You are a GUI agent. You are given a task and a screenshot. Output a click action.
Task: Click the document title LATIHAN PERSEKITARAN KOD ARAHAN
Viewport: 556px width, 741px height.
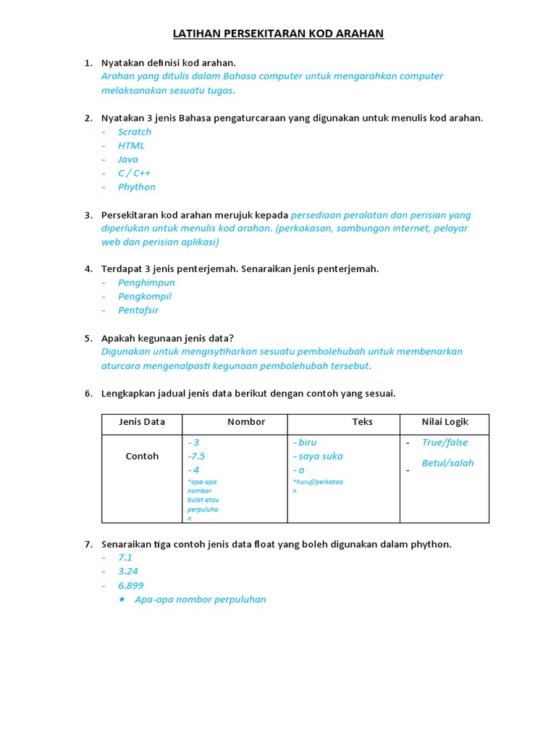point(278,34)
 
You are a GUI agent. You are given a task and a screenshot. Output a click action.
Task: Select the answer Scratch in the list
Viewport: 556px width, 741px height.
point(135,132)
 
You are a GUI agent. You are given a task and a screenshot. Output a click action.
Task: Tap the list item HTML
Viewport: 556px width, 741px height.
point(131,145)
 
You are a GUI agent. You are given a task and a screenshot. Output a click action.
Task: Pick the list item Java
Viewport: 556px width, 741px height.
point(128,159)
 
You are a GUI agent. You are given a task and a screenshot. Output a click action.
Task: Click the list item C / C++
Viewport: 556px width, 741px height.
point(134,173)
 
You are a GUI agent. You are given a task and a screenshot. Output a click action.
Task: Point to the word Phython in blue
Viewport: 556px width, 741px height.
point(137,187)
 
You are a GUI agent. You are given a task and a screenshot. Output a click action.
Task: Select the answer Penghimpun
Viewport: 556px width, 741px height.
point(146,283)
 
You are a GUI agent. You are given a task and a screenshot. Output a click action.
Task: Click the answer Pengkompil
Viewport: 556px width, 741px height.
point(145,297)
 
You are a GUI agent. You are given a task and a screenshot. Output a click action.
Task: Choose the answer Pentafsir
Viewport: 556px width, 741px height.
point(138,310)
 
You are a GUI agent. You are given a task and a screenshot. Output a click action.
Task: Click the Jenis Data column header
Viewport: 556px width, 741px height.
point(142,422)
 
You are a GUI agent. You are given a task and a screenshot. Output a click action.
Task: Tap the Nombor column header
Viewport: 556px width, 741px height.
point(246,422)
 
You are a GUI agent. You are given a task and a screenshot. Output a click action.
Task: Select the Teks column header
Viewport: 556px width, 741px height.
point(362,422)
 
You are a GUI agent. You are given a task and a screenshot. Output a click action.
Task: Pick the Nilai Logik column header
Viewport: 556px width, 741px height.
point(445,422)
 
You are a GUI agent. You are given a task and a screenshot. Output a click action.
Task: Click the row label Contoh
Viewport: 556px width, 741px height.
point(142,457)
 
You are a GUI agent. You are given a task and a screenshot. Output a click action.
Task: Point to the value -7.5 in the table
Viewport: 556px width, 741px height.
point(196,457)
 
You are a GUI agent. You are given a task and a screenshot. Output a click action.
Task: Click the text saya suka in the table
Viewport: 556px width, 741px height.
point(320,457)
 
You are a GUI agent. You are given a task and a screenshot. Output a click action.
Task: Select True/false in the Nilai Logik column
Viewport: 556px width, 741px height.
point(445,443)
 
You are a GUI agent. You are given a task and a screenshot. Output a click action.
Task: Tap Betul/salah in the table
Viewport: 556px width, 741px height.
point(447,463)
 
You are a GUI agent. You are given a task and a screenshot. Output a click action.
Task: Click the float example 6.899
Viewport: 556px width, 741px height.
point(131,585)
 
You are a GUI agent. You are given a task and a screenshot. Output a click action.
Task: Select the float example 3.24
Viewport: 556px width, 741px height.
point(128,572)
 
